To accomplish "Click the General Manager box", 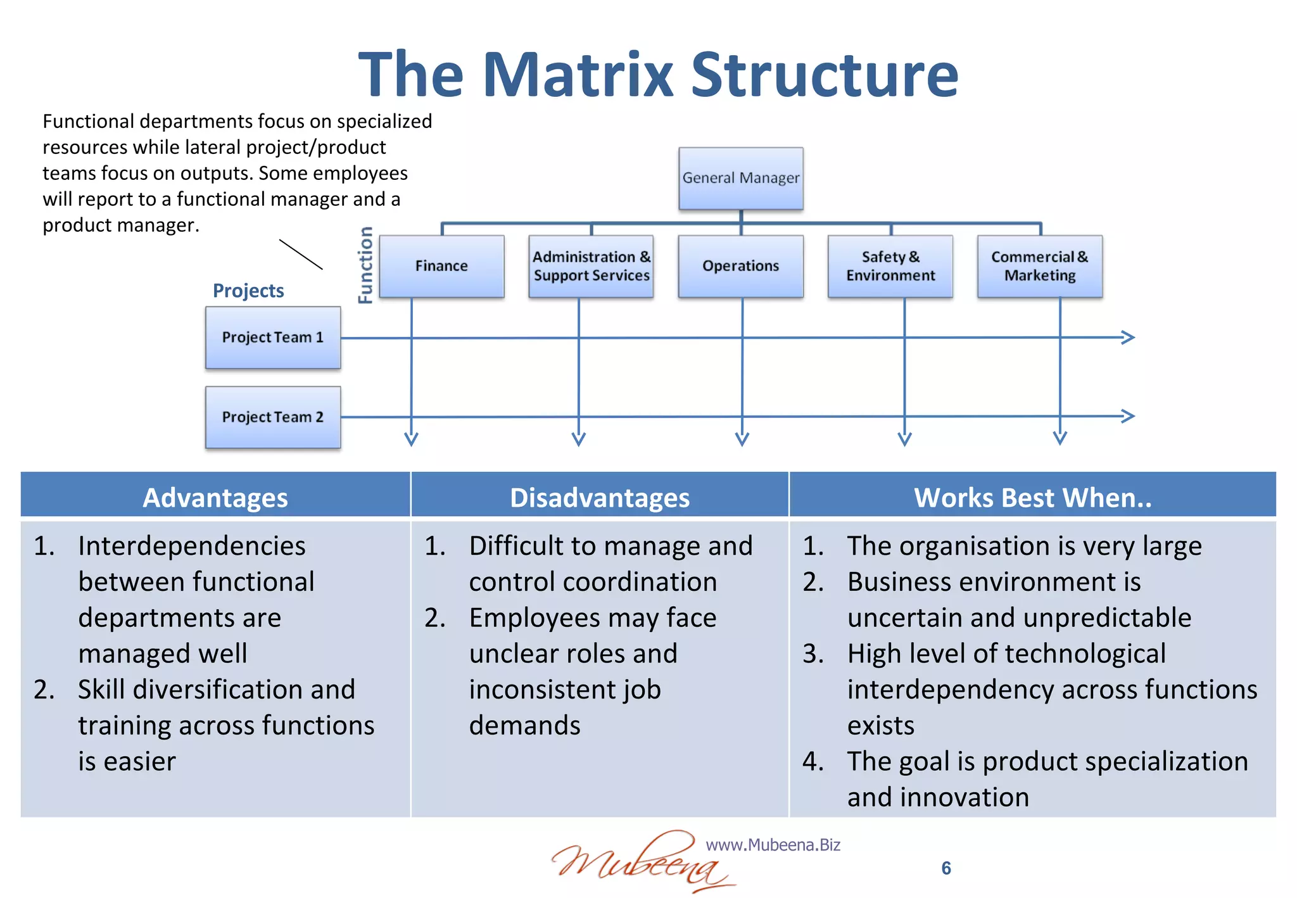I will click(740, 178).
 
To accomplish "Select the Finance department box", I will click(441, 266).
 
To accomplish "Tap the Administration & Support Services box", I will click(591, 266).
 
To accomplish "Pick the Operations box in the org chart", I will click(740, 266).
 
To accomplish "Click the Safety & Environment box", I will click(890, 266).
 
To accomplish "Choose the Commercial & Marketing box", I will click(1039, 266).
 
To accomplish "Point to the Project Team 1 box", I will click(273, 338).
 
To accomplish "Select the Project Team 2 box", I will click(273, 417).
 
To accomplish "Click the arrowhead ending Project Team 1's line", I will click(1127, 338).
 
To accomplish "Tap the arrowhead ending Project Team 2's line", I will click(1127, 416).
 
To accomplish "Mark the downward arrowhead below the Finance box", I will click(412, 439).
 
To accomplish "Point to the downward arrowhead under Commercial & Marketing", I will click(1060, 438).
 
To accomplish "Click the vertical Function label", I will click(365, 265).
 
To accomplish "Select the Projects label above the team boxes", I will click(248, 291).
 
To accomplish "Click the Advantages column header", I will click(215, 497).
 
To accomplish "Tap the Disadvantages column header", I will click(600, 497).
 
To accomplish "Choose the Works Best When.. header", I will click(1032, 497).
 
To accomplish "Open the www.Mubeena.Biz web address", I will click(773, 845).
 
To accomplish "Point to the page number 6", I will click(946, 868).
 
